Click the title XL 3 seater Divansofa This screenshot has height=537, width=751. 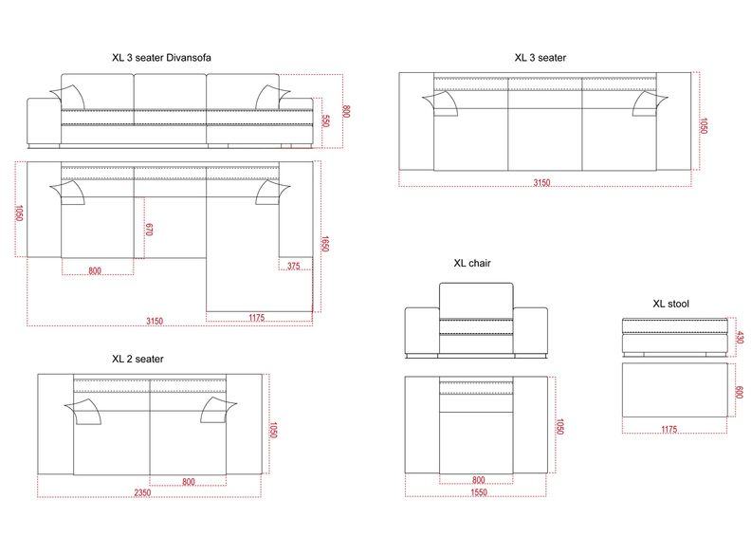click(x=161, y=58)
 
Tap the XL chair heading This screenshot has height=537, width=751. click(x=472, y=263)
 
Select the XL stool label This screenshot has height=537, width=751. click(x=671, y=304)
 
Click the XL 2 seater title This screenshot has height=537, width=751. click(x=137, y=359)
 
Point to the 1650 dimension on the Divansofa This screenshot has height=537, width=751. click(x=325, y=243)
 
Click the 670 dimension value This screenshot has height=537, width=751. click(x=149, y=229)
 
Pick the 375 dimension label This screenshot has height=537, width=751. click(x=294, y=266)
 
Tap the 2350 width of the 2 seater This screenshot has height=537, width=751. click(x=142, y=492)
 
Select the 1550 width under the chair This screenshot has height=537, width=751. click(x=479, y=492)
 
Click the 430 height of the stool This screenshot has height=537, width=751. click(x=740, y=337)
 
